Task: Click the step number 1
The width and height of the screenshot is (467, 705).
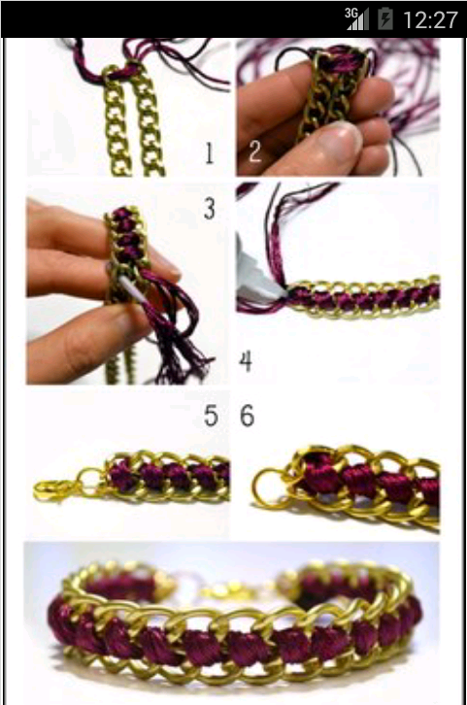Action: click(x=209, y=152)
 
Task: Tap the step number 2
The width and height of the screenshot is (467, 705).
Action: click(x=254, y=151)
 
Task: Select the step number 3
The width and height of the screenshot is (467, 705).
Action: click(x=210, y=209)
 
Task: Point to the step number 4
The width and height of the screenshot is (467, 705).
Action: click(x=246, y=361)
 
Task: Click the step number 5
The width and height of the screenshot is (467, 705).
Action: click(x=211, y=416)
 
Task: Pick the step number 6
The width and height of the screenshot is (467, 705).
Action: click(x=248, y=416)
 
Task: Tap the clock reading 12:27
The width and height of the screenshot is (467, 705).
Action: click(x=430, y=20)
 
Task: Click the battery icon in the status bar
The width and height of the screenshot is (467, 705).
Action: click(x=385, y=19)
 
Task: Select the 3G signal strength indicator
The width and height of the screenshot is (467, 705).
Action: click(x=357, y=18)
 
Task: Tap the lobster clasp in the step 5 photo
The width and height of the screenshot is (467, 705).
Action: click(x=53, y=490)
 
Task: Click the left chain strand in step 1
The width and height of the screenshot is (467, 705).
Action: click(x=116, y=123)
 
